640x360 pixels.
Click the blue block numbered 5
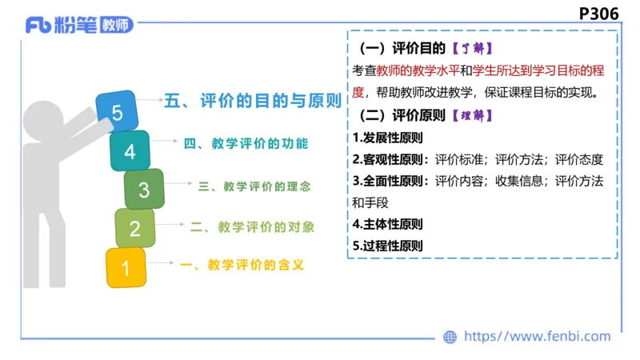pyautogui.click(x=117, y=112)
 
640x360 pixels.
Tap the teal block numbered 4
pyautogui.click(x=130, y=150)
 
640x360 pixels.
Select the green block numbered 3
pyautogui.click(x=144, y=190)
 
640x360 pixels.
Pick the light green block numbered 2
pyautogui.click(x=134, y=229)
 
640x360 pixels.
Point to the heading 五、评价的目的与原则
pyautogui.click(x=253, y=101)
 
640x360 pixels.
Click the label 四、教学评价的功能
pyautogui.click(x=245, y=144)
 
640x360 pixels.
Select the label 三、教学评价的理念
pyautogui.click(x=254, y=186)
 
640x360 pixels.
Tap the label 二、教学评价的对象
pyautogui.click(x=252, y=227)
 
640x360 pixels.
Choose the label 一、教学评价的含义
pyautogui.click(x=242, y=265)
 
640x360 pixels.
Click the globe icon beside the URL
pyautogui.click(x=450, y=337)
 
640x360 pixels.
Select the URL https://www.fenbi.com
pyautogui.click(x=538, y=337)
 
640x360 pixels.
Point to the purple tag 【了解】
pyautogui.click(x=469, y=48)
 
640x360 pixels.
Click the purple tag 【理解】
pyautogui.click(x=470, y=115)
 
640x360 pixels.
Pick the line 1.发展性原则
pyautogui.click(x=387, y=137)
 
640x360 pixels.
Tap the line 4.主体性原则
pyautogui.click(x=387, y=224)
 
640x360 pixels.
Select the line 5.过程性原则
pyautogui.click(x=387, y=246)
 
